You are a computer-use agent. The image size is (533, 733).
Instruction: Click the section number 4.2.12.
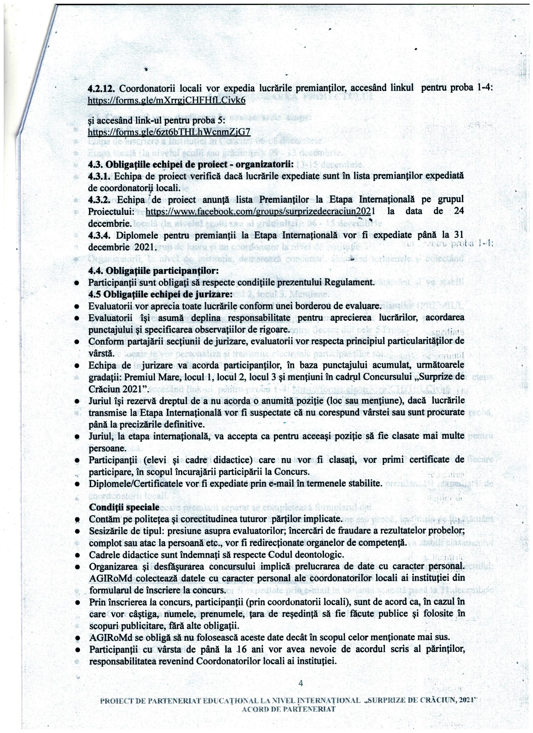click(x=101, y=88)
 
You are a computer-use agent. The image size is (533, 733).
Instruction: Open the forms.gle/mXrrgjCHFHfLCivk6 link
click(x=167, y=101)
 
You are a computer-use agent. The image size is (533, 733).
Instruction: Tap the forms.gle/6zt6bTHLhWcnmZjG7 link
click(x=169, y=132)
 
